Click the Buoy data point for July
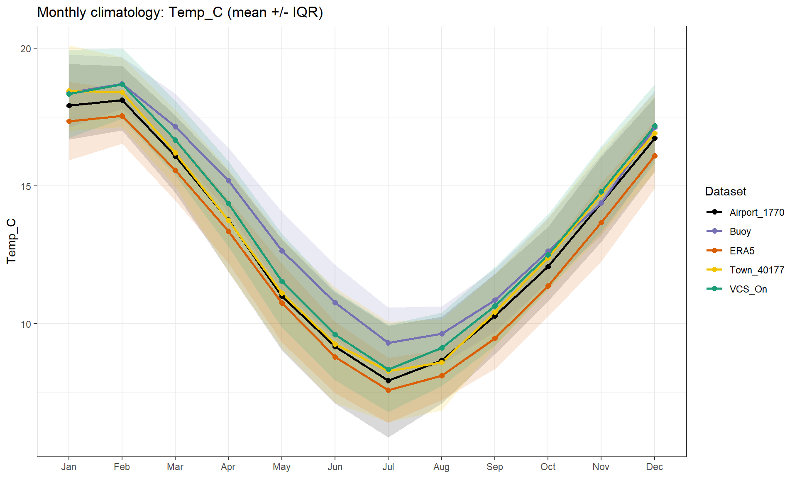[388, 343]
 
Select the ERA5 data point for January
[69, 121]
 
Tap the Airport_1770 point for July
[388, 380]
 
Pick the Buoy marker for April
[228, 181]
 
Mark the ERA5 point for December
[655, 156]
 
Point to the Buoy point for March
[175, 127]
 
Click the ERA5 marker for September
[495, 338]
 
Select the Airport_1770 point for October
[548, 266]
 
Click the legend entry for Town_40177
[757, 270]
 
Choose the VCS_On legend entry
[748, 289]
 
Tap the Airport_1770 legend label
[757, 212]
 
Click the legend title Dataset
[725, 191]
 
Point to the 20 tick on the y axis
[26, 49]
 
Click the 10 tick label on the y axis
[26, 324]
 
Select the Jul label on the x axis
[388, 467]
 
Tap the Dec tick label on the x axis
[654, 467]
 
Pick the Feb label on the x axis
[122, 467]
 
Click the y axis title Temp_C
[11, 241]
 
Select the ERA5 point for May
[282, 303]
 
